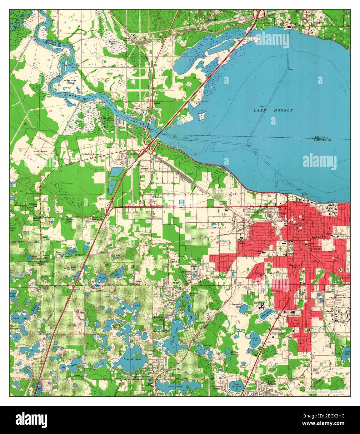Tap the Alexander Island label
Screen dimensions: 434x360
pyautogui.click(x=70, y=81)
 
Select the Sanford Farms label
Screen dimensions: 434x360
pyautogui.click(x=91, y=154)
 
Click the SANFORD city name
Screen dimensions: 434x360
pyautogui.click(x=318, y=238)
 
